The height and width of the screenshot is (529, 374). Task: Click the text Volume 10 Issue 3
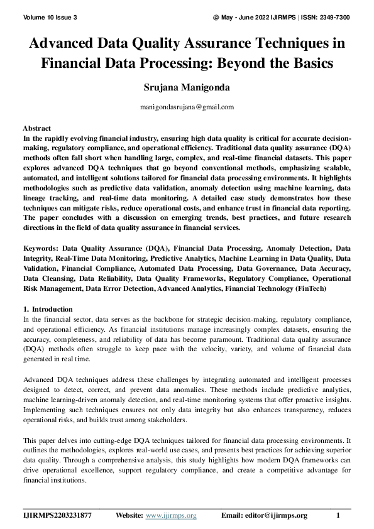50,17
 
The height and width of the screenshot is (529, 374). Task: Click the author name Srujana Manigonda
187,87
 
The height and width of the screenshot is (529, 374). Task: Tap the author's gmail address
187,107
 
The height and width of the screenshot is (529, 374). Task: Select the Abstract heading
36,128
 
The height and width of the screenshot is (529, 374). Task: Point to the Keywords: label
41,248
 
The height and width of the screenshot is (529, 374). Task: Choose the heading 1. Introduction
48,309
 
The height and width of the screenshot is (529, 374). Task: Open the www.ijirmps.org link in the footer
171,516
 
